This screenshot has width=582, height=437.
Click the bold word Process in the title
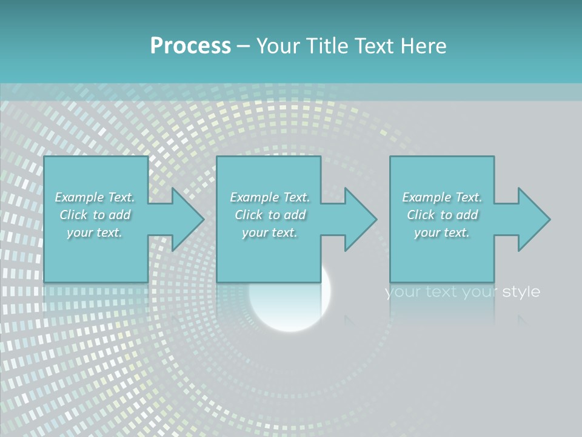(190, 46)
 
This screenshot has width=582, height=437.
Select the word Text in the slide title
(375, 46)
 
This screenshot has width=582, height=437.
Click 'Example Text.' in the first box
(95, 197)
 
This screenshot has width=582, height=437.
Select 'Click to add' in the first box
(95, 215)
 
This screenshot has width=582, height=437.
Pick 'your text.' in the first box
(95, 232)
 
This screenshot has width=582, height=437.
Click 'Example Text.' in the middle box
(270, 197)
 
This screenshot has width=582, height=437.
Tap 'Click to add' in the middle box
(270, 215)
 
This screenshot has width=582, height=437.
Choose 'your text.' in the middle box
(270, 232)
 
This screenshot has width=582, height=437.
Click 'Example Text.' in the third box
(442, 197)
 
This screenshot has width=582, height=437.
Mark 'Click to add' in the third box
(442, 215)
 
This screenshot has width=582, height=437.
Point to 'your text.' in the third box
(442, 232)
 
